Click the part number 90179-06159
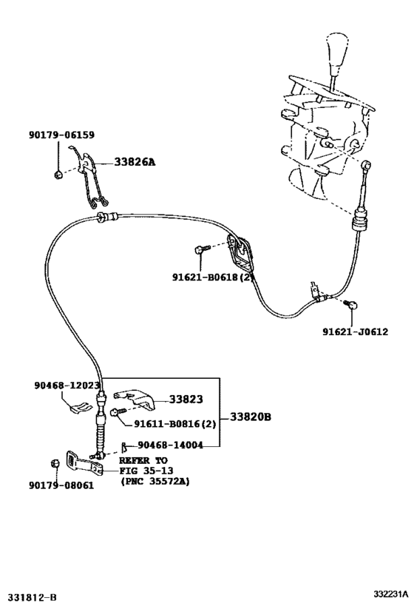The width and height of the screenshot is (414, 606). click(x=61, y=135)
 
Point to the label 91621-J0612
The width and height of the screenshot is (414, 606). click(x=354, y=332)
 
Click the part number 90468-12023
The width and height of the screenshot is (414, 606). click(x=67, y=386)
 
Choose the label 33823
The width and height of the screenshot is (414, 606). click(x=186, y=399)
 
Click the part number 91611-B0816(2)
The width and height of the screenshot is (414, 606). click(x=175, y=424)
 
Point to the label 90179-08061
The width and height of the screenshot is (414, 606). click(x=61, y=488)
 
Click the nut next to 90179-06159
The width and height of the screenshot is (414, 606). click(x=58, y=175)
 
